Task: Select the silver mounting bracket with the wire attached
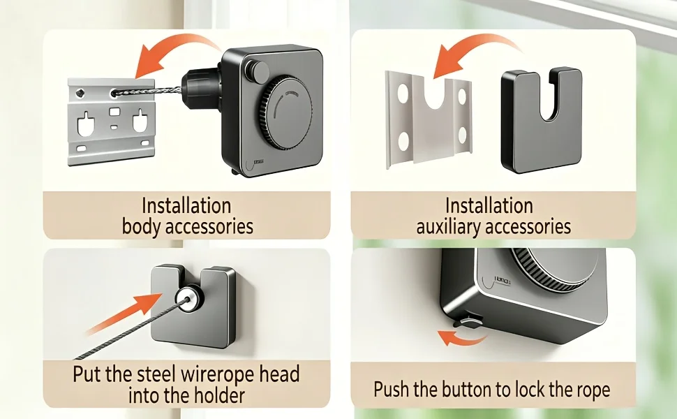[x=112, y=122]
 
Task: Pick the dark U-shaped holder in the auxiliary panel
[x=542, y=119]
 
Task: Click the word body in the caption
[x=140, y=226]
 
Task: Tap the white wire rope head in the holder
[x=188, y=297]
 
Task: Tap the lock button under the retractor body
[x=467, y=321]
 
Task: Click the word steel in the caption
[x=155, y=374]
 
